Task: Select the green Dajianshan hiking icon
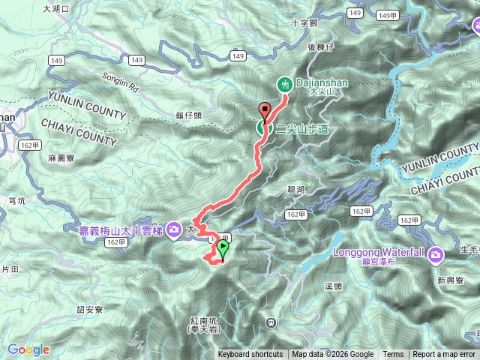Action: click(x=285, y=83)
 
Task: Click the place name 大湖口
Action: click(x=55, y=9)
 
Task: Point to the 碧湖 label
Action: click(x=295, y=191)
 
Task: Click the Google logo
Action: click(x=28, y=349)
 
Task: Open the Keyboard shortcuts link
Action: click(x=250, y=355)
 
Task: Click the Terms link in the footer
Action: click(x=393, y=355)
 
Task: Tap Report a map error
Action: click(x=444, y=355)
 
